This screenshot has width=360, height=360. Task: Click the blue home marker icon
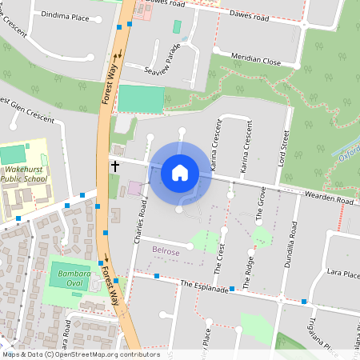point(179,172)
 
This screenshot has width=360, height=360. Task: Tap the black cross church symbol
point(114,166)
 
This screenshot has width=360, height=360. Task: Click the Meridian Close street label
point(255,60)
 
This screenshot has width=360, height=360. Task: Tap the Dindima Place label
point(66,15)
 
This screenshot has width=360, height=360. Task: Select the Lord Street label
point(281,142)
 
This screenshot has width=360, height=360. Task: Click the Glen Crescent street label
point(30,113)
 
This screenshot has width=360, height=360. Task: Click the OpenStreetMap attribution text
point(80,354)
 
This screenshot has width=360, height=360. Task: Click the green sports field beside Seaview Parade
point(140,98)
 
